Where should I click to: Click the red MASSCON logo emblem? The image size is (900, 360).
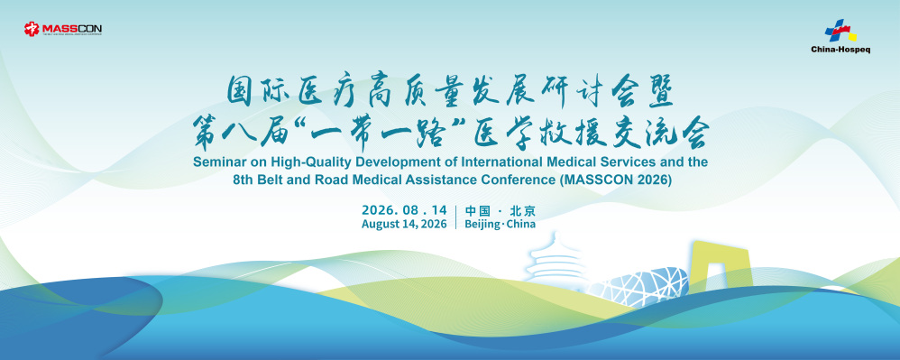[x=31, y=28]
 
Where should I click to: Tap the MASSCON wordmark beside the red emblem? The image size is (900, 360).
[x=71, y=28]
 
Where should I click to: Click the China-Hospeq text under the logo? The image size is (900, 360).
[x=840, y=50]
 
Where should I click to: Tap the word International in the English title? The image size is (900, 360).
[x=485, y=162]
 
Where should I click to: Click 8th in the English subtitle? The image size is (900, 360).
[x=243, y=180]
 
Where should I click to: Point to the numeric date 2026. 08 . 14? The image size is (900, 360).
[x=404, y=209]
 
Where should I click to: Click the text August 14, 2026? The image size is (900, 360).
[x=404, y=225]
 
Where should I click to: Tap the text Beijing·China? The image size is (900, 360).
[x=500, y=225]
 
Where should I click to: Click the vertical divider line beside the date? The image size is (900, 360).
[x=455, y=217]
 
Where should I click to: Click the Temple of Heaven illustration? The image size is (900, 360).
[x=550, y=258]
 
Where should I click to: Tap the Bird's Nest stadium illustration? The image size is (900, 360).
[x=636, y=283]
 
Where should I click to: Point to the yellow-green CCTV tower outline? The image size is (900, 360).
[x=720, y=266]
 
